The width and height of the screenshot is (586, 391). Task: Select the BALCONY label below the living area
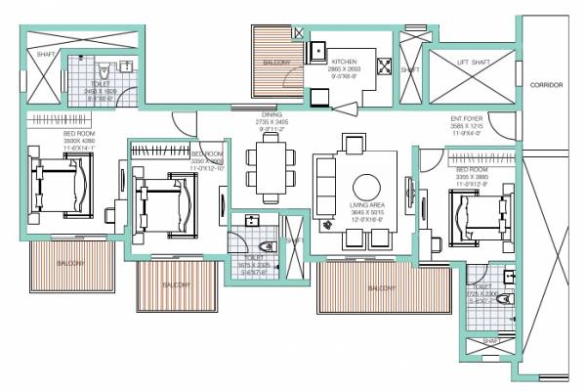[x=382, y=289]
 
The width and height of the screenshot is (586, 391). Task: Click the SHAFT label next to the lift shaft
[x=409, y=69]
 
